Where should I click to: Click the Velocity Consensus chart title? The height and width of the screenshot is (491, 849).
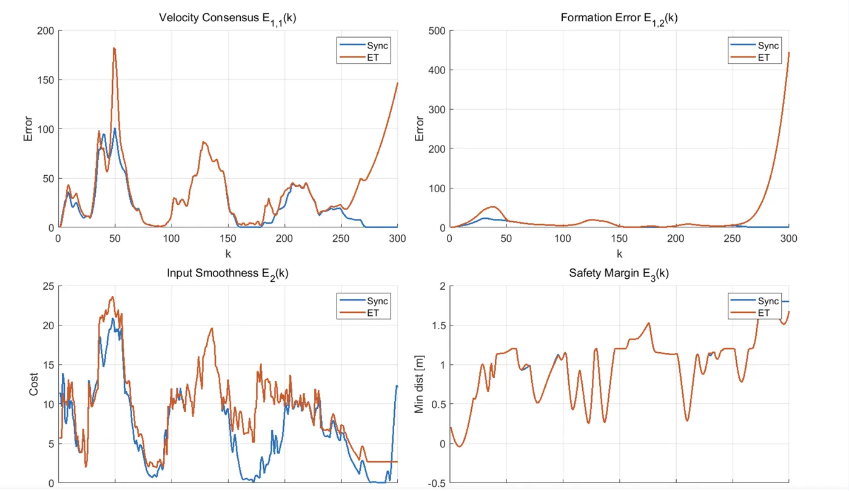click(x=227, y=18)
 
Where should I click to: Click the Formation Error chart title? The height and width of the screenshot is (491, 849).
click(x=619, y=18)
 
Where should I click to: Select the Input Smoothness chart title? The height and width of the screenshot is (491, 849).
click(x=227, y=273)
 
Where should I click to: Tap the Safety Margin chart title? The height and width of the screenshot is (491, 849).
click(x=619, y=273)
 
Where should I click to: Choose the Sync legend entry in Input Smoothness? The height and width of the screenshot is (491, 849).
click(x=376, y=301)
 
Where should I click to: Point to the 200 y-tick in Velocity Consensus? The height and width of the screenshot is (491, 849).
click(x=45, y=31)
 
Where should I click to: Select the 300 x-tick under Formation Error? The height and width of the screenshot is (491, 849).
click(x=788, y=238)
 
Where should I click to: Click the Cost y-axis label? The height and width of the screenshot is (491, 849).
click(x=33, y=384)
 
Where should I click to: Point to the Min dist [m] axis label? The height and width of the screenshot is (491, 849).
click(x=419, y=384)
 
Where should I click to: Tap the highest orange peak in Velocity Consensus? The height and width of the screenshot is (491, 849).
click(x=114, y=48)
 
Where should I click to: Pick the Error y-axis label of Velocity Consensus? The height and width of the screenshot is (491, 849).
click(x=29, y=129)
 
